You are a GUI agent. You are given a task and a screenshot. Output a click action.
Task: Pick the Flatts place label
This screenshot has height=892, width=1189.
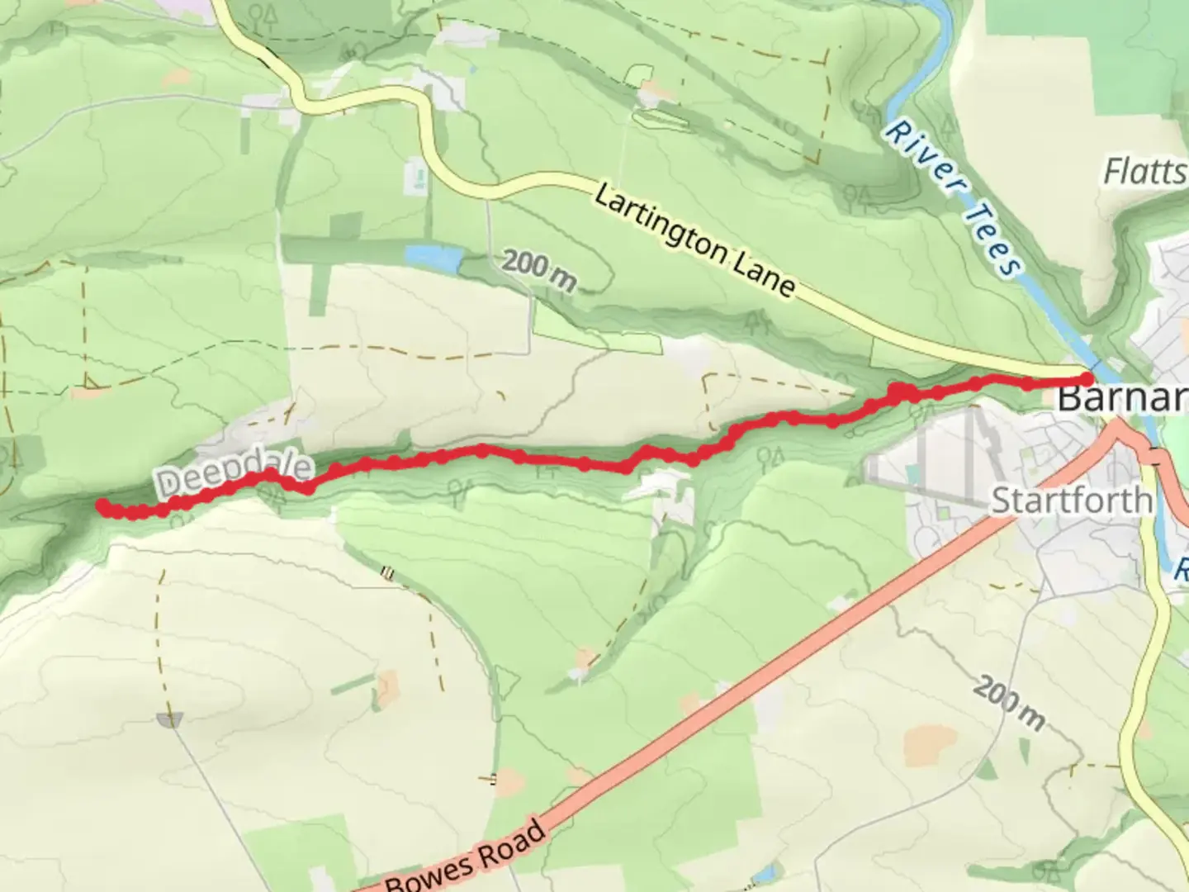tap(1145, 172)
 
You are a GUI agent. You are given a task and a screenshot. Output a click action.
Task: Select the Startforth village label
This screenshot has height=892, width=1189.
tap(1071, 501)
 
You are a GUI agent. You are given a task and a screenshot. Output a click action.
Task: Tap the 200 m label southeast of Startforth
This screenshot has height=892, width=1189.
tap(1008, 702)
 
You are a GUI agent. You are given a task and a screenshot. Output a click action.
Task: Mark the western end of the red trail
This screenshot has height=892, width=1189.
tap(102, 505)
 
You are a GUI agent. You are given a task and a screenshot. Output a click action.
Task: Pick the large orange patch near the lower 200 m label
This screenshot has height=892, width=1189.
tap(930, 745)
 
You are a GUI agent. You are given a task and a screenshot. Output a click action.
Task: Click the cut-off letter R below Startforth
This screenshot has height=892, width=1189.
tap(1182, 569)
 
